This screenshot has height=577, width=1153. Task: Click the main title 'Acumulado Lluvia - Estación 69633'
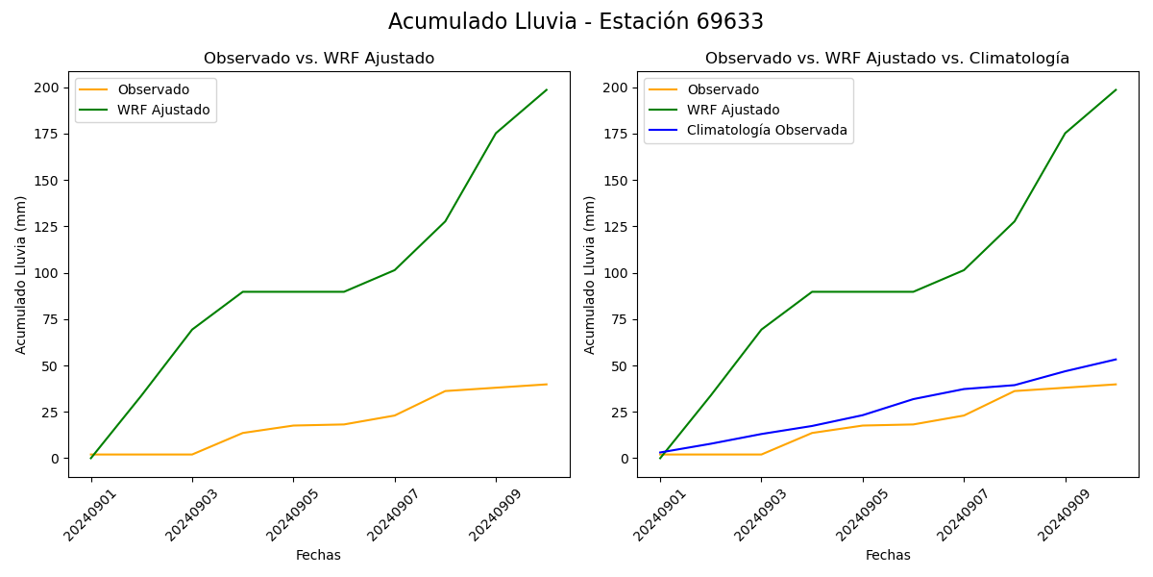click(x=576, y=22)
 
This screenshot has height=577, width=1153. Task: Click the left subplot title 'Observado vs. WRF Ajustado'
click(x=319, y=59)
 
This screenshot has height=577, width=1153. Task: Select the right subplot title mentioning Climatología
click(x=887, y=59)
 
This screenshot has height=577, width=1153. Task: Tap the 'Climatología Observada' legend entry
click(x=767, y=131)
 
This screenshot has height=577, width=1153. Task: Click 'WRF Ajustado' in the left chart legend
click(x=163, y=110)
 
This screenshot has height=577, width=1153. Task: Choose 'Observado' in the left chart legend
click(x=153, y=89)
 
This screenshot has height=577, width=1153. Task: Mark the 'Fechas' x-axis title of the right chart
click(x=888, y=555)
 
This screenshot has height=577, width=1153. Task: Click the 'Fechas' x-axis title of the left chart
click(x=318, y=555)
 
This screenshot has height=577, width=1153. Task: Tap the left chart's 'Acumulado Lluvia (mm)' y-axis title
click(x=21, y=274)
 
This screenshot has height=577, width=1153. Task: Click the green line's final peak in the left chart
click(x=547, y=90)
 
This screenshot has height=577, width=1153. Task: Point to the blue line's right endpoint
click(x=1116, y=360)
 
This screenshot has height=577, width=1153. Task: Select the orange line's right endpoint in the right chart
click(x=1116, y=385)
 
